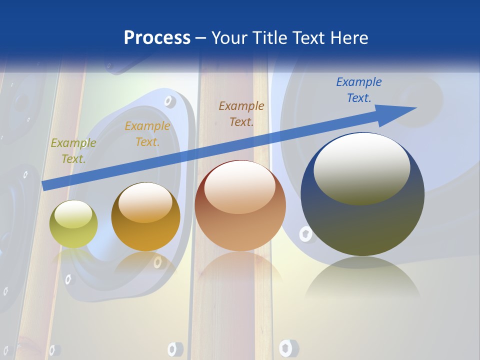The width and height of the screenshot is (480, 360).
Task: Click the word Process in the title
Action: (x=157, y=38)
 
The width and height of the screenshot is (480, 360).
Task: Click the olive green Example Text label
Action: (x=73, y=150)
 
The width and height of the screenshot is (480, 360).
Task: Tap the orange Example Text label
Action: (x=147, y=133)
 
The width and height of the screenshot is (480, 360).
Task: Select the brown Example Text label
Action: (x=241, y=113)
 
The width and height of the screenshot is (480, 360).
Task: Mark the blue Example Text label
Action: (x=358, y=89)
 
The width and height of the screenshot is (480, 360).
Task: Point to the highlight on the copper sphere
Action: (x=239, y=186)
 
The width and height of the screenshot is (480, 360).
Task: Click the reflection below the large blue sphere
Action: (x=362, y=280)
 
